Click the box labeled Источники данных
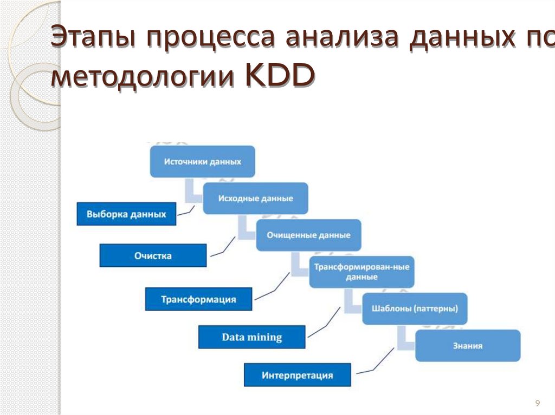[202, 161]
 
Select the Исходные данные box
[255, 198]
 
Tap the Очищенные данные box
[308, 235]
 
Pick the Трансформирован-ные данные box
[362, 272]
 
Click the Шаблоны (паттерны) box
[415, 308]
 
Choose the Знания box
[467, 345]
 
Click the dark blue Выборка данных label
[126, 214]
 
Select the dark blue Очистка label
[153, 255]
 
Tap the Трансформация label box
[198, 299]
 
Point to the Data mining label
[251, 337]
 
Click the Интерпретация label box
[297, 375]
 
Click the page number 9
[537, 403]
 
